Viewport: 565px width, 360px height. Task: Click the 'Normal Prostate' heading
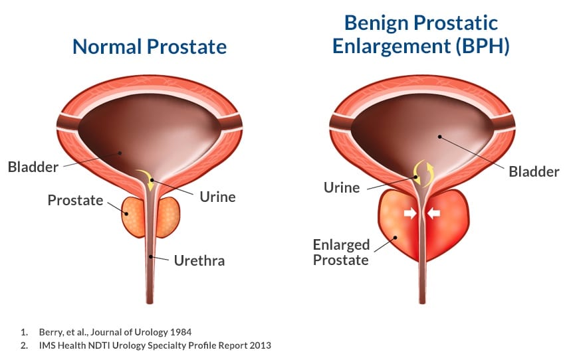click(x=149, y=46)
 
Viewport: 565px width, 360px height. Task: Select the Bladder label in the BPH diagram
click(x=534, y=171)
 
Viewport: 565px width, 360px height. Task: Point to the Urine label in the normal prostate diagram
click(x=217, y=197)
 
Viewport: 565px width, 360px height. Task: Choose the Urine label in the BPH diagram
click(x=342, y=187)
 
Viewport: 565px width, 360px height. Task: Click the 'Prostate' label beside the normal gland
click(x=75, y=199)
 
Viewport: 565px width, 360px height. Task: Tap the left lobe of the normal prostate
click(x=136, y=216)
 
